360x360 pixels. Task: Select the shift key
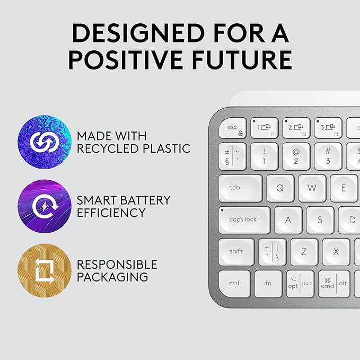[x=236, y=251]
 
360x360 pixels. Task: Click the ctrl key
[x=234, y=284]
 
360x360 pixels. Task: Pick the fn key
[x=268, y=284]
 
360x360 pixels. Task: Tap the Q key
[x=280, y=188]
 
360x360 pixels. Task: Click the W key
[x=312, y=188]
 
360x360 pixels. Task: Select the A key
[x=288, y=219]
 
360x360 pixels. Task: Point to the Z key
[x=304, y=252]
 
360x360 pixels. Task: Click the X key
[x=336, y=252]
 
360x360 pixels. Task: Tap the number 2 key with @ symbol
[x=296, y=156]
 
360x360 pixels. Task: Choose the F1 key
[x=264, y=128]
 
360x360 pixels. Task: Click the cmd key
[x=328, y=284]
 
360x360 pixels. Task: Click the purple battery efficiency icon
[x=45, y=206]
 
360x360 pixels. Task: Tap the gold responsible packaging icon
[x=45, y=270]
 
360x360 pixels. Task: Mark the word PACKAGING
[x=112, y=277]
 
